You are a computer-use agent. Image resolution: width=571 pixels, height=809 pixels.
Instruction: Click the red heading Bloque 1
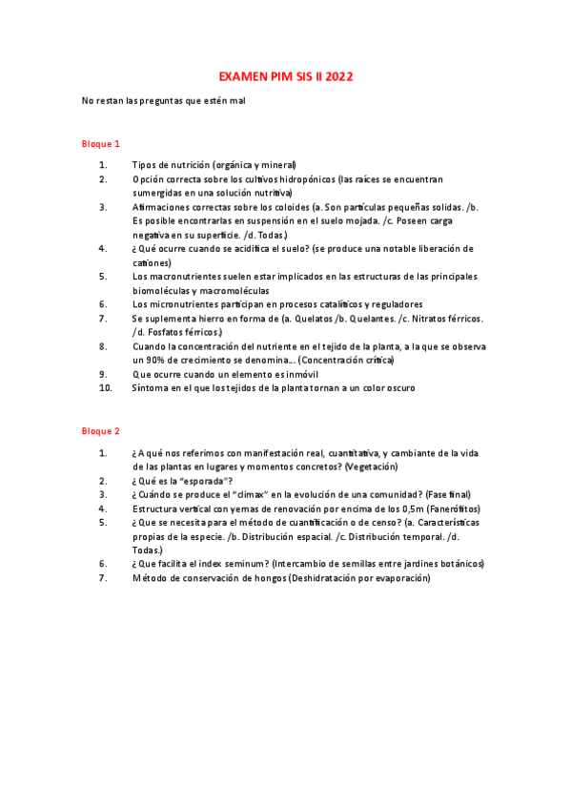click(99, 144)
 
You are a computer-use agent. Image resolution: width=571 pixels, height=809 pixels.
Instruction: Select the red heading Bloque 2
click(99, 431)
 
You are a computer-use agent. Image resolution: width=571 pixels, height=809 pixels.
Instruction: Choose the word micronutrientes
click(185, 304)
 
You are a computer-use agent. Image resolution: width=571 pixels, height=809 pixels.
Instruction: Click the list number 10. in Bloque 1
click(106, 388)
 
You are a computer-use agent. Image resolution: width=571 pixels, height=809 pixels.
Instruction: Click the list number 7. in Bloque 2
click(103, 578)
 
